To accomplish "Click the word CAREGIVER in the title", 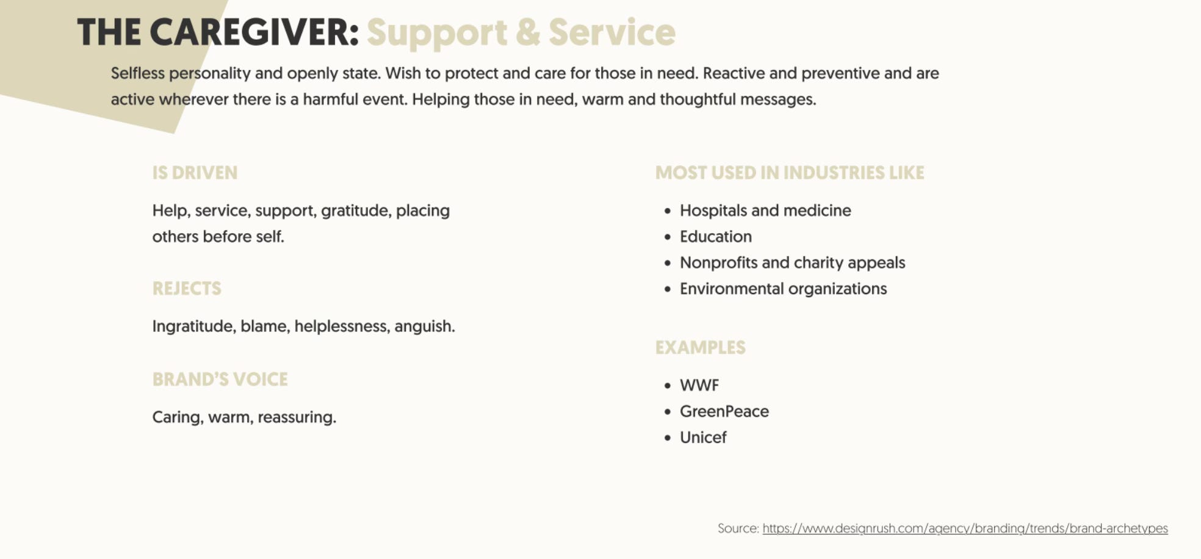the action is point(254,32).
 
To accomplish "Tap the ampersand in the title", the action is point(527,32).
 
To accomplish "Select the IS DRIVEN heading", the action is point(195,173).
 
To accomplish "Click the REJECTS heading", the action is point(187,288).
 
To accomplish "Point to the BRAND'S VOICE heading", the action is point(220,379).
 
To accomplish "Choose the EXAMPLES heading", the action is point(700,347).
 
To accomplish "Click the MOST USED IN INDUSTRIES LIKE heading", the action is point(790,173).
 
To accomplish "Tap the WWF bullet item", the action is point(699,385).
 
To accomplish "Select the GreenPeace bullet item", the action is point(724,411).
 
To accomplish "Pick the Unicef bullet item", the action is point(703,438).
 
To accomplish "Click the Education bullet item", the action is point(715,236).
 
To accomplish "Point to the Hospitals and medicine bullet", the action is point(765,211).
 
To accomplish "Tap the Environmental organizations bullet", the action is point(783,289).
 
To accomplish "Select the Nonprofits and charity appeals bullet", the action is point(792,262).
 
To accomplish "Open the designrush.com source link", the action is point(965,528).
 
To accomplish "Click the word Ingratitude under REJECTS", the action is point(193,326).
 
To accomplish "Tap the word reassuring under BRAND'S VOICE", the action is point(297,417).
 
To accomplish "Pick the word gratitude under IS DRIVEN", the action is point(356,211).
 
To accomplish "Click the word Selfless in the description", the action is point(138,73).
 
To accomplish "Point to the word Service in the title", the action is point(611,32).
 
